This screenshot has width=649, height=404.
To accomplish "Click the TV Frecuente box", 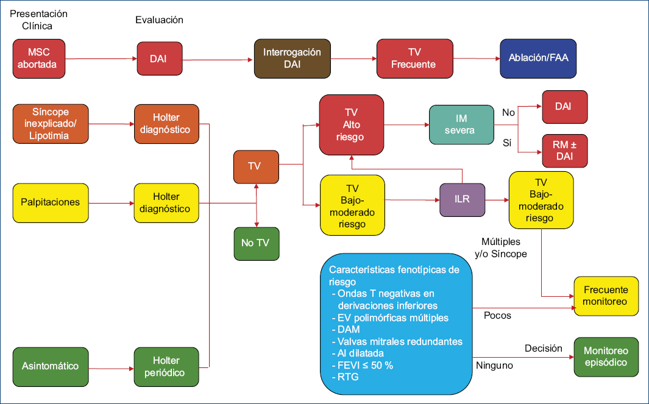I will (414, 58).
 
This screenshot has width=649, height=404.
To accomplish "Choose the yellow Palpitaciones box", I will (50, 202).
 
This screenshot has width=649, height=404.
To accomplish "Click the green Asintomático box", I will (50, 366).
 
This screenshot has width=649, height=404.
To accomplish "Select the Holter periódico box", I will (166, 366).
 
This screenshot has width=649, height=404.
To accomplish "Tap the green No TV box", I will (256, 243).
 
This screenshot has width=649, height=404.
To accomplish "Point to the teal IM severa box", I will (461, 124).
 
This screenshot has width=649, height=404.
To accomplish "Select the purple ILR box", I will (462, 199).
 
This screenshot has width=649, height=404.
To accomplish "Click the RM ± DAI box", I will (564, 151).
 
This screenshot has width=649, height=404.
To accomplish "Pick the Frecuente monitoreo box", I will (605, 296).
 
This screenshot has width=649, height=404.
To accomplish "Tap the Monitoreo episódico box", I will (606, 357).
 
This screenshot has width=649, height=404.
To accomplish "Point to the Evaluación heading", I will (158, 20).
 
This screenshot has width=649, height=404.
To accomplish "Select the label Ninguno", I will (494, 366).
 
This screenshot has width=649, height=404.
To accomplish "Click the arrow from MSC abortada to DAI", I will (101, 59).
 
